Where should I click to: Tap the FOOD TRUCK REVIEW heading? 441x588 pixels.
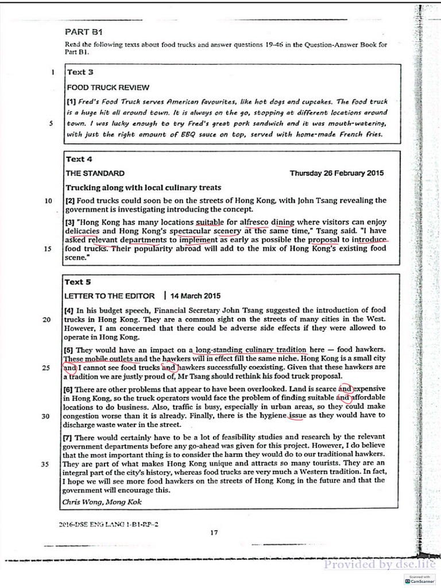[108, 88]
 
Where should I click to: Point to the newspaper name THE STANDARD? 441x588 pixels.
[95, 173]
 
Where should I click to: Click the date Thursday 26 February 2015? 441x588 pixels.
[336, 173]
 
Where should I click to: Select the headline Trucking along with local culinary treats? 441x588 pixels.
[143, 187]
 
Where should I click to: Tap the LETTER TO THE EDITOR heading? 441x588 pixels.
[110, 296]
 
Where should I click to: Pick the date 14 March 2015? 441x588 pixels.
[196, 296]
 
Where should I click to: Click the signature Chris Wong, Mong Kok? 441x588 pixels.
[100, 501]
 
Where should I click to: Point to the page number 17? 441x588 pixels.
[214, 532]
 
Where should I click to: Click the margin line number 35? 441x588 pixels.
[46, 465]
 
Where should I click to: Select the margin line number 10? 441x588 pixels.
[48, 201]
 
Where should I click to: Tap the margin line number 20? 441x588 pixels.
[47, 320]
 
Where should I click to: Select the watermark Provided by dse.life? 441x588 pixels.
[380, 564]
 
